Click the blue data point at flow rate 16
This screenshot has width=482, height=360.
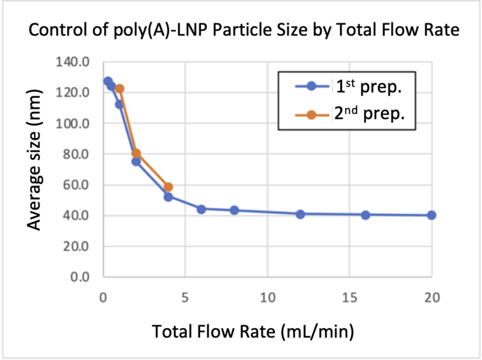366,214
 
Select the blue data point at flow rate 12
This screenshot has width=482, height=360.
300,214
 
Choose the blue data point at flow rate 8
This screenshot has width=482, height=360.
234,210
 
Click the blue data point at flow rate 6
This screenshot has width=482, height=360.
201,209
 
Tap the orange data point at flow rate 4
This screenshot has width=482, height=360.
168,187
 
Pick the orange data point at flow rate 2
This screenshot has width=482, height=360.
136,153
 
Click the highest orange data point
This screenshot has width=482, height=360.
119,89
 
